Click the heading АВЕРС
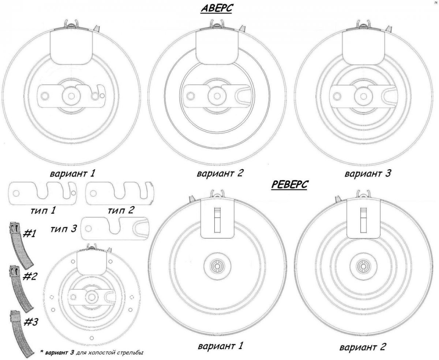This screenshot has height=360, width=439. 216,9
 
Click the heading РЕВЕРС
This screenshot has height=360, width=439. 289,185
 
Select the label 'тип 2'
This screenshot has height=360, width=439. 121,211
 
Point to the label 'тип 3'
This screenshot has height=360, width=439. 64,229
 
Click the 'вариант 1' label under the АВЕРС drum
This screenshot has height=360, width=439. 72,173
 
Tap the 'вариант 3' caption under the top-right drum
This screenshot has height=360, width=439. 368,173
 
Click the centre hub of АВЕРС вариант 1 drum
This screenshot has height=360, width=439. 71,96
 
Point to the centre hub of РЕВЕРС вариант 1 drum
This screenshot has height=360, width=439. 217,266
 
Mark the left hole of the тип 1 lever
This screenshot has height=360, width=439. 16,193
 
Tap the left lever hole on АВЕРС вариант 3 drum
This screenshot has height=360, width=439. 337,96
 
